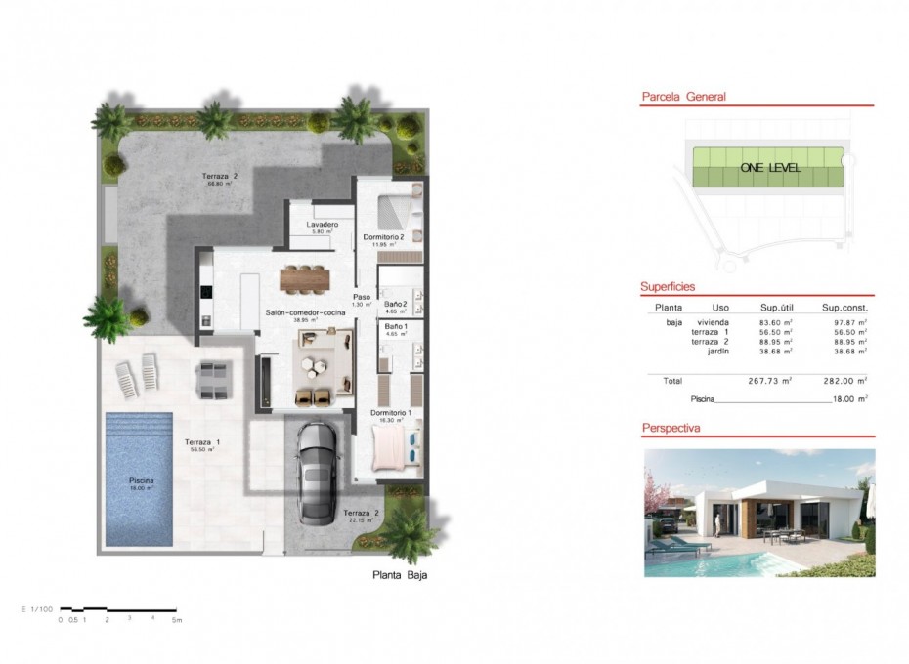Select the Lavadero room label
click(x=323, y=225)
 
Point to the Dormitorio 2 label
click(x=383, y=236)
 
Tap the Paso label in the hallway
click(x=362, y=296)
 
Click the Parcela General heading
click(x=683, y=97)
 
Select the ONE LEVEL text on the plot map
click(x=769, y=168)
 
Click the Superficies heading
click(x=668, y=287)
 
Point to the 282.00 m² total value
click(x=844, y=381)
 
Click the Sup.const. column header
click(x=844, y=307)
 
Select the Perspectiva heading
click(x=672, y=429)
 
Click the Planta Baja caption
click(x=400, y=575)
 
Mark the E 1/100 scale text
click(x=34, y=609)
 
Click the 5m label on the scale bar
click(x=177, y=620)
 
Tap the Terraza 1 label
click(x=202, y=442)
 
